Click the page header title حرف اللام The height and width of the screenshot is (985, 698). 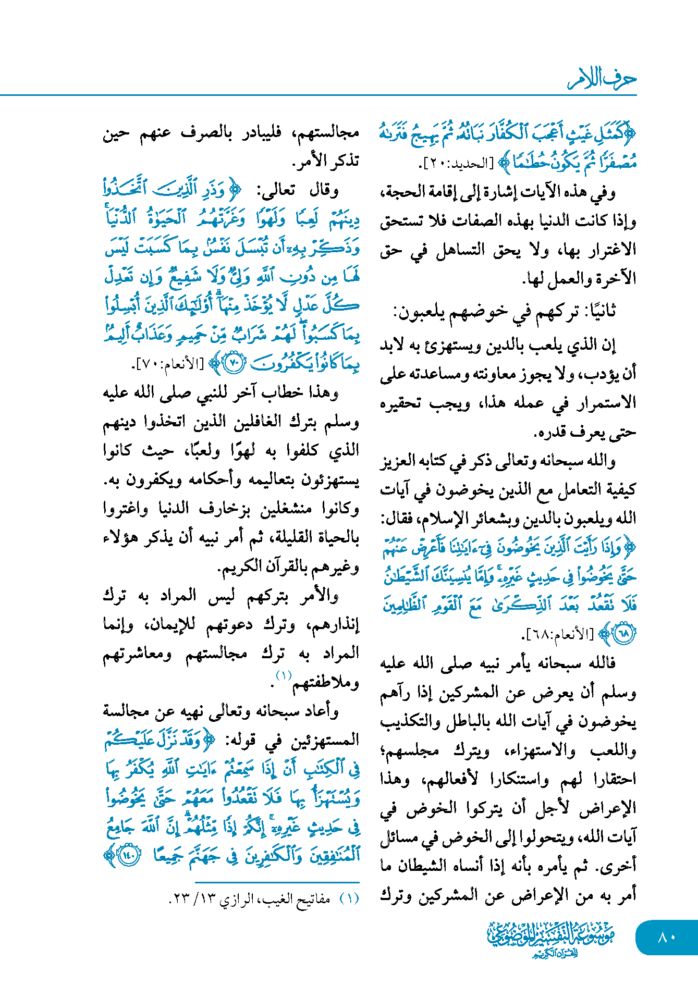point(602,79)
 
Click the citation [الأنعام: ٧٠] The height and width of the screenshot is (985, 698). point(169,364)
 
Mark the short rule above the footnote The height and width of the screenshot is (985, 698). point(277,882)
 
